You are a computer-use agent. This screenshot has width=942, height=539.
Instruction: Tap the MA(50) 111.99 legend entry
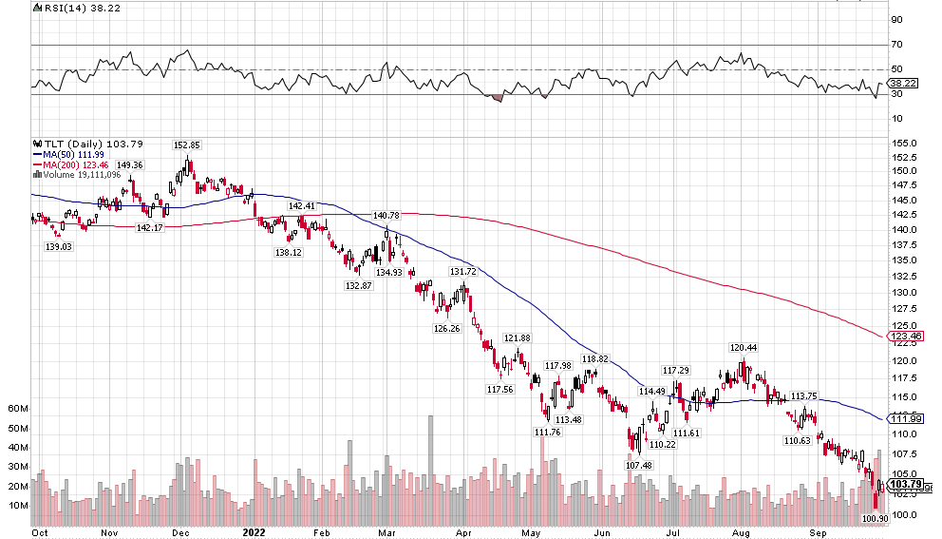68,154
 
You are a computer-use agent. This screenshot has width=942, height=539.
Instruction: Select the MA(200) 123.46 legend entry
71,164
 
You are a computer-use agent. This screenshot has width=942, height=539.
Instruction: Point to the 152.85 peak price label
186,144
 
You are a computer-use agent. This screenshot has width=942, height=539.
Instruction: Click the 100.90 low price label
875,519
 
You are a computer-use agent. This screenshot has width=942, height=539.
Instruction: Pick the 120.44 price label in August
743,347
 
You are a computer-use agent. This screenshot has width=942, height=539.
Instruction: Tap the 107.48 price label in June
639,465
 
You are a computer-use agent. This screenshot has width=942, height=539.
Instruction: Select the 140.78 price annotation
386,215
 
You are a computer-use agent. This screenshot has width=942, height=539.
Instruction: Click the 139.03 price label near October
59,246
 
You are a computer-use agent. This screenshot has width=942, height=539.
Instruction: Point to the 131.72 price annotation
462,271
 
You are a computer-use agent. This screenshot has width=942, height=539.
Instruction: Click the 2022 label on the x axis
254,532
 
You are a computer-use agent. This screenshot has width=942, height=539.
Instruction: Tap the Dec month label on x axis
180,532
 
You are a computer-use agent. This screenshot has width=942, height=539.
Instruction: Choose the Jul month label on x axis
672,532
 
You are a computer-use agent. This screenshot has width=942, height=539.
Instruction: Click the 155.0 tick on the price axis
903,143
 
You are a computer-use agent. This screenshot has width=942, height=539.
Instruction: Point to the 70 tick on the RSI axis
895,45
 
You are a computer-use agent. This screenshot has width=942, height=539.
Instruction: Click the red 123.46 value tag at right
910,336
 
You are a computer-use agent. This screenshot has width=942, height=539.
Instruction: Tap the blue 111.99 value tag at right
910,418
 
